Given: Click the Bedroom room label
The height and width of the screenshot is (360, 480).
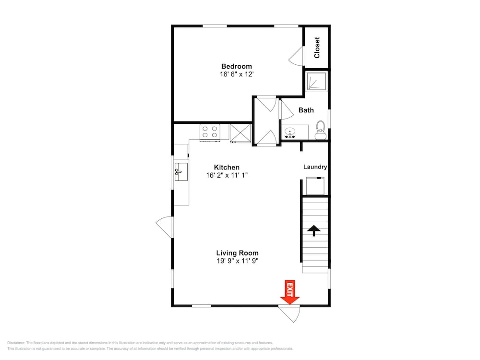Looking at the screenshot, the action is point(236,66).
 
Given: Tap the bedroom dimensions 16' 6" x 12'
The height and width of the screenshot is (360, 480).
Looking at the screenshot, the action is point(237,74).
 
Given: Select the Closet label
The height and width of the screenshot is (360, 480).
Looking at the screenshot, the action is point(317,48).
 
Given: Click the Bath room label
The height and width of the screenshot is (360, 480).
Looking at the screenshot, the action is point(306,110).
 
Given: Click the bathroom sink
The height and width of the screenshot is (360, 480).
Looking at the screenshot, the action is point(290,132).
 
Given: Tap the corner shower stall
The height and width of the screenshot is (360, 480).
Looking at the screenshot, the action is point(316,81).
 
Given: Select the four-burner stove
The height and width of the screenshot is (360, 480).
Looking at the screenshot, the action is point(210,132).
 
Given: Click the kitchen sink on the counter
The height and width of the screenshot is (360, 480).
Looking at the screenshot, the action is point(181,172).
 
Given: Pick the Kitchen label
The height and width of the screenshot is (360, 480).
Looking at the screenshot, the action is point(227,168).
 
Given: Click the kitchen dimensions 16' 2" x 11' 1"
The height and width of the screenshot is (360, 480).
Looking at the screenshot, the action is point(227,175).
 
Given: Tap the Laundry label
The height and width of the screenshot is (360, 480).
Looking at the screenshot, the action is point(315,167).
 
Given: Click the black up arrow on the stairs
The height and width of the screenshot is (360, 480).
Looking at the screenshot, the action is point(314,230).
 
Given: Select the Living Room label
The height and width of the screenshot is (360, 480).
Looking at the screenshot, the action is point(237,253).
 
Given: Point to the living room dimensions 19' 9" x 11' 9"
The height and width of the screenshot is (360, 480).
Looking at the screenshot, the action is point(237,261).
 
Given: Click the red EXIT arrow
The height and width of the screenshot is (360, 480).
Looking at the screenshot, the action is point(289,292).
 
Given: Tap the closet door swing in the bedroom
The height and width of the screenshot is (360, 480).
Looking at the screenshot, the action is point(297,56).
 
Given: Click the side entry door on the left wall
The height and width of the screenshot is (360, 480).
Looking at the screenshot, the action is point(165,227).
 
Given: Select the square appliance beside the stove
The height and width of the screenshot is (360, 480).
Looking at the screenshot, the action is point(240,133).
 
